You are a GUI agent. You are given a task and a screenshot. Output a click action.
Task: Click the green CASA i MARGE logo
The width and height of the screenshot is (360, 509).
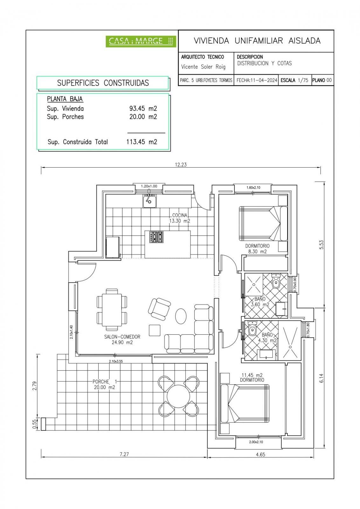[x=141, y=41]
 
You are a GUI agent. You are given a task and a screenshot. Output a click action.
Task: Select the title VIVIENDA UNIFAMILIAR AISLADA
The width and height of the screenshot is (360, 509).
[x=257, y=41]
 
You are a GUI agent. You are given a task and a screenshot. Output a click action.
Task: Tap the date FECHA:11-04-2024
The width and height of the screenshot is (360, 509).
[x=257, y=80]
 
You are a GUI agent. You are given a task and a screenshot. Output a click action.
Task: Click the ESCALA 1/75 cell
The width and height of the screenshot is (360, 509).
[x=294, y=80]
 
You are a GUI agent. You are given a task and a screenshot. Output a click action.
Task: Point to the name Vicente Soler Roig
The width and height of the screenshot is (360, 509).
[x=203, y=67]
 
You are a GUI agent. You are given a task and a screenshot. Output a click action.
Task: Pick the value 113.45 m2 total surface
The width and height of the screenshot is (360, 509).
[x=142, y=142]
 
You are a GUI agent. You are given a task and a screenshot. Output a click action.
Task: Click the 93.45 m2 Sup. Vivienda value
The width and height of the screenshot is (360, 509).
[x=143, y=108]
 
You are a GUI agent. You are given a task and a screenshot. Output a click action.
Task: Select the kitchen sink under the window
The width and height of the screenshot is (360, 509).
[x=149, y=201]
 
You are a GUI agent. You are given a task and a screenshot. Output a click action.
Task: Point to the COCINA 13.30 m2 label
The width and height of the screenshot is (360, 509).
[x=180, y=218]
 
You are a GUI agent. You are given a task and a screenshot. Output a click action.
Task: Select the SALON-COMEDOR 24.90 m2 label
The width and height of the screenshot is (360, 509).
[x=122, y=340]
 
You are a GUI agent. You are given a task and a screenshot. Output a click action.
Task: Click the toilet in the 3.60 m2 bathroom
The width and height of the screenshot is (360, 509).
[x=276, y=282]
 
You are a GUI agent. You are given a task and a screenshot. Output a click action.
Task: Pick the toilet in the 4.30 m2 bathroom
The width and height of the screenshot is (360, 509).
[x=252, y=330]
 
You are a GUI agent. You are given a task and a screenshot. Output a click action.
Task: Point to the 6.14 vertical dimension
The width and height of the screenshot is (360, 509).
[x=321, y=378]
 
